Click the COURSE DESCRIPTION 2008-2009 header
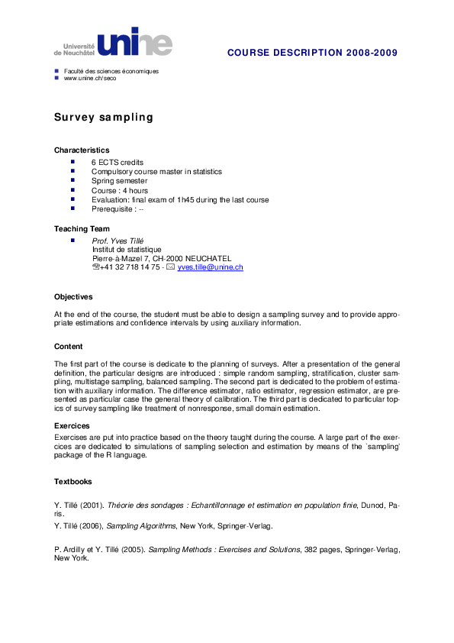312,52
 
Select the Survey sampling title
103,117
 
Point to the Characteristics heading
82,150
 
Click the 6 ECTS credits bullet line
118,163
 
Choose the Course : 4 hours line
120,190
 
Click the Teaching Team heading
82,228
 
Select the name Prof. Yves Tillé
118,241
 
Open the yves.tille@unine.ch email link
210,267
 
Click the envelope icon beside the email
171,267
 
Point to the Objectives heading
73,296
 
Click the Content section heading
69,346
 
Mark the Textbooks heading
73,481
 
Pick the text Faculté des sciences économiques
111,71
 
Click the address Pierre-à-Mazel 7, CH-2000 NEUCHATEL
161,258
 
